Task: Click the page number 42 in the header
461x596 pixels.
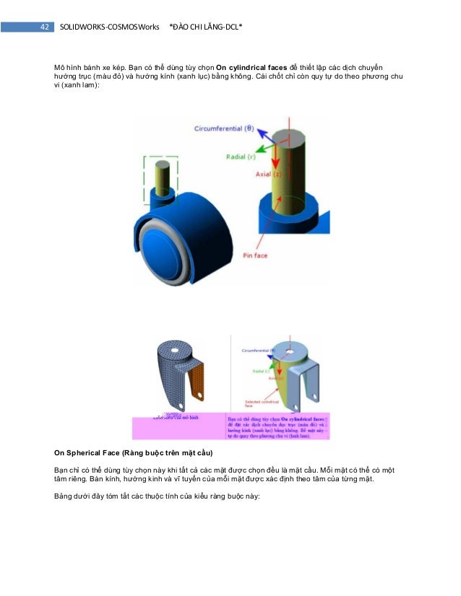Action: (44, 27)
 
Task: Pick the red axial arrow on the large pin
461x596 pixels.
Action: (274, 155)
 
